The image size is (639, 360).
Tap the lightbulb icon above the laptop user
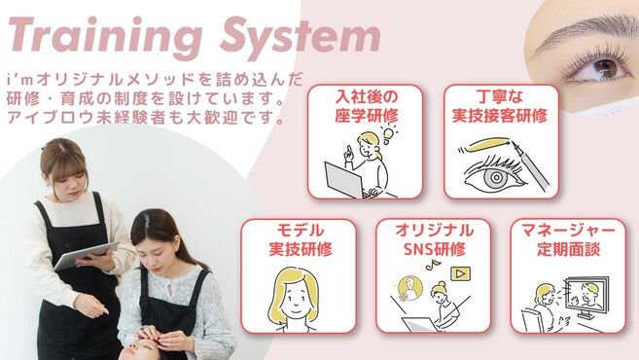[x=388, y=134]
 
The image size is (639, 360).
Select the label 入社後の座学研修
[x=366, y=107]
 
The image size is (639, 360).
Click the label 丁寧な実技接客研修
[x=501, y=107]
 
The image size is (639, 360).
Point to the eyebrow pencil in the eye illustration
[x=530, y=166]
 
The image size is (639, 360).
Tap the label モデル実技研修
[x=300, y=240]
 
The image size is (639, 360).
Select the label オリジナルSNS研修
[x=434, y=240]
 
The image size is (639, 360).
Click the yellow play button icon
[x=460, y=273]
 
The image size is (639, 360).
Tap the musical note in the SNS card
[x=430, y=266]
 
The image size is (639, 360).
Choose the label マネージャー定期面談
[x=568, y=240]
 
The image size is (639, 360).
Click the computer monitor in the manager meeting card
[x=587, y=296]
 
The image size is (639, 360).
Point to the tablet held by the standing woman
[x=87, y=255]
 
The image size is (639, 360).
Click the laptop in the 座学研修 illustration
[x=345, y=180]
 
